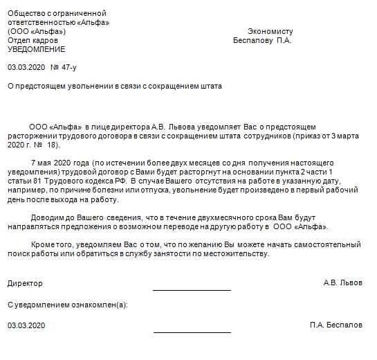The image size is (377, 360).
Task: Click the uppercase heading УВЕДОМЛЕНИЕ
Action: tap(36, 50)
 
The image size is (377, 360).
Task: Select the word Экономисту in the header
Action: tap(270, 32)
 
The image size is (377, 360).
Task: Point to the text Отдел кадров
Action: tap(31, 41)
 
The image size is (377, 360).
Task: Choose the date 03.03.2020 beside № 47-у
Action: tap(26, 68)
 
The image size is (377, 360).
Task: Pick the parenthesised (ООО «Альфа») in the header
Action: tap(37, 32)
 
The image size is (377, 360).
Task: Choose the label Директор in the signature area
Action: tap(25, 283)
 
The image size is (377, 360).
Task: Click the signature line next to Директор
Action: tap(192, 290)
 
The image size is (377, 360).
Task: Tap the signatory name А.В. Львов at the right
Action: tap(342, 283)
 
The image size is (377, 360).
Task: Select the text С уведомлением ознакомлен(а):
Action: tap(67, 304)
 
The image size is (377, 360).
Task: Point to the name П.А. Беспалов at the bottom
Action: tap(336, 325)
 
